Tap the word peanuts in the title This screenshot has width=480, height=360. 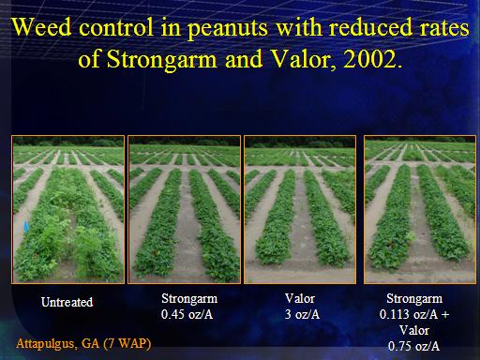click(x=228, y=29)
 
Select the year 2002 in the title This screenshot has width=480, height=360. click(x=369, y=59)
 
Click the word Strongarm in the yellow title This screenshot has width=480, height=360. click(x=161, y=60)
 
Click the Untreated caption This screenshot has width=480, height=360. click(x=67, y=302)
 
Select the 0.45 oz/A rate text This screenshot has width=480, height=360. click(x=187, y=314)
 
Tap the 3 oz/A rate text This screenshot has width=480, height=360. click(x=302, y=314)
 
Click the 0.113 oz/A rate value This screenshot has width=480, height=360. click(x=409, y=314)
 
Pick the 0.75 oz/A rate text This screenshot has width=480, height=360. click(x=413, y=346)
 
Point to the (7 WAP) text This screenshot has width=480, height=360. click(x=127, y=344)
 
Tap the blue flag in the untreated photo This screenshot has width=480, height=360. click(x=26, y=227)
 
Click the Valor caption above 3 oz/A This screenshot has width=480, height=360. click(x=299, y=298)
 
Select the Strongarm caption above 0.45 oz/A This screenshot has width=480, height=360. click(x=189, y=299)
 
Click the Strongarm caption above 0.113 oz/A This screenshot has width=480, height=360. click(x=414, y=299)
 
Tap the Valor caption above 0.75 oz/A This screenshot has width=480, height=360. click(x=414, y=330)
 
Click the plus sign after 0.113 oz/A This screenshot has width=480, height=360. click(x=445, y=315)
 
